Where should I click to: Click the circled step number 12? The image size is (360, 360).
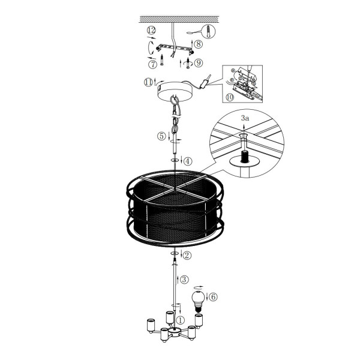151,31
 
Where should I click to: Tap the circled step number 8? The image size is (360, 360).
199,44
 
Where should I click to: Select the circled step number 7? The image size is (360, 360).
152,65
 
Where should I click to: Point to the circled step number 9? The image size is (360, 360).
199,62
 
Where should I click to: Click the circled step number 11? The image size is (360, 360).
148,82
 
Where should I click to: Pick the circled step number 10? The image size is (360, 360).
230,97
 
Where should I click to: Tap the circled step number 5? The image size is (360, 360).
161,136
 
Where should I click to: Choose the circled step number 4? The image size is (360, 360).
188,161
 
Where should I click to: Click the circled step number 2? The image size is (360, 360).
187,255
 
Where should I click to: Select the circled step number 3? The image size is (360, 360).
184,280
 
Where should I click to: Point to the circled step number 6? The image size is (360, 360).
213,297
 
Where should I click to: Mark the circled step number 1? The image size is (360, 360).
180,320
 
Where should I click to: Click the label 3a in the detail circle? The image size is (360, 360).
245,118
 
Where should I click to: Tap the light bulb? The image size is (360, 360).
198,301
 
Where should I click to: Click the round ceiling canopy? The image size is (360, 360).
176,91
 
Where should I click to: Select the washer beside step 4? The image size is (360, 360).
175,160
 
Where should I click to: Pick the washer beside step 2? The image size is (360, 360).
175,253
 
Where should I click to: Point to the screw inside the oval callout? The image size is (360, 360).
208,31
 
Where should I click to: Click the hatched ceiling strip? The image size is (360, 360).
179,19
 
